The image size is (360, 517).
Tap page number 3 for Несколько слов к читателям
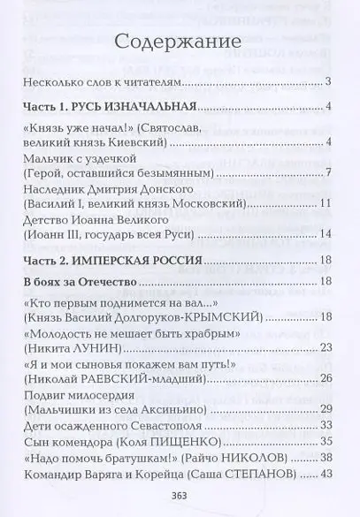coord(327,82)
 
